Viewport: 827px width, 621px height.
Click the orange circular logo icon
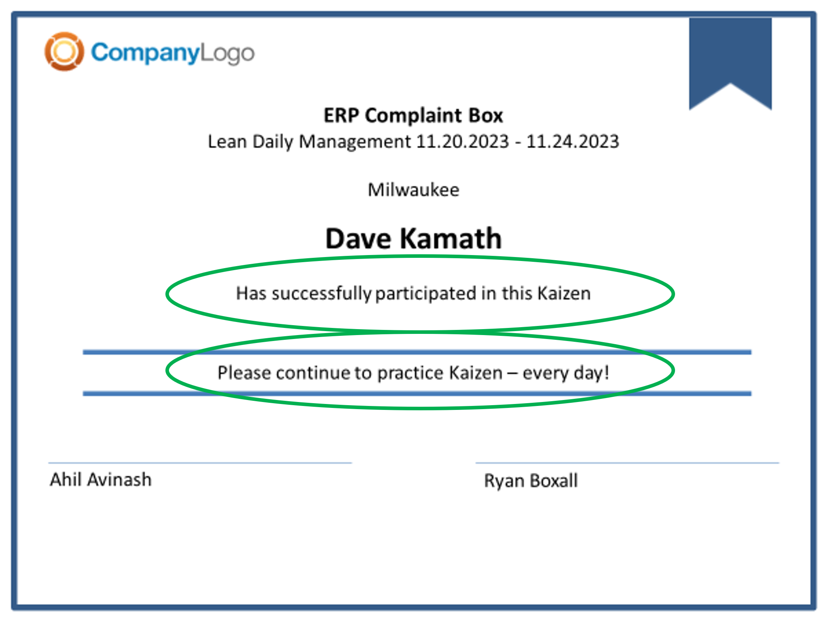click(x=64, y=51)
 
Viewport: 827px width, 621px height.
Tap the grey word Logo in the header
click(x=227, y=53)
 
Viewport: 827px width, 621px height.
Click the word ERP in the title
click(x=341, y=116)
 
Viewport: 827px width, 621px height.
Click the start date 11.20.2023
click(x=463, y=141)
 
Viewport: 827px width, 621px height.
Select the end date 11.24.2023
click(x=573, y=141)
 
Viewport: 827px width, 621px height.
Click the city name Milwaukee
click(x=413, y=190)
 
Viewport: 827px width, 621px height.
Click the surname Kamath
click(x=451, y=238)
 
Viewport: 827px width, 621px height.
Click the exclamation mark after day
click(x=606, y=372)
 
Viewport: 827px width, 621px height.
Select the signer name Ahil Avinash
click(x=101, y=479)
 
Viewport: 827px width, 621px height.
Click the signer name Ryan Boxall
click(x=531, y=481)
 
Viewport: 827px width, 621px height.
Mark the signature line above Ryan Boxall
click(x=627, y=462)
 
